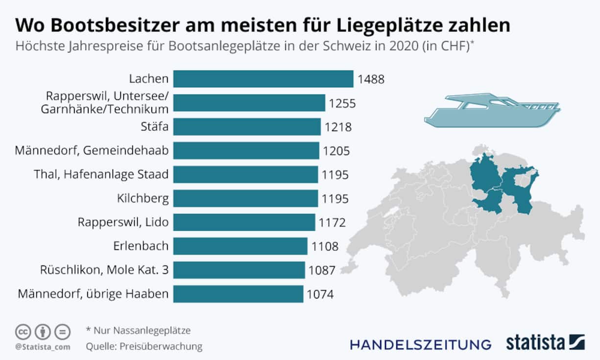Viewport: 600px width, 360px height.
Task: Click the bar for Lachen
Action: (x=263, y=79)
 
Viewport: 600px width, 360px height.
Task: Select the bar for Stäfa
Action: (x=247, y=127)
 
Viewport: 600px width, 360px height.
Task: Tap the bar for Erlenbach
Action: (x=240, y=246)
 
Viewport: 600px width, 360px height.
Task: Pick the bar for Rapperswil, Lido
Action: (x=244, y=222)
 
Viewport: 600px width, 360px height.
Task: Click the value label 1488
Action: (x=371, y=79)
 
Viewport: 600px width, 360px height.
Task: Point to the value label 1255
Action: (x=342, y=103)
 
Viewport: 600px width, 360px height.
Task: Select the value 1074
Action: (x=320, y=294)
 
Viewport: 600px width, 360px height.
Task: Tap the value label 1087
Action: (x=321, y=270)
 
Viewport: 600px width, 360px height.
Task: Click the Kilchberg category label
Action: (x=143, y=198)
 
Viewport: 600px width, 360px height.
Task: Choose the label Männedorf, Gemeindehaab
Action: (x=92, y=151)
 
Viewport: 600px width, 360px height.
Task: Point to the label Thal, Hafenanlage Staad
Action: (x=101, y=174)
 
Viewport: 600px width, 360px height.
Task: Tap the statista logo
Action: (x=545, y=342)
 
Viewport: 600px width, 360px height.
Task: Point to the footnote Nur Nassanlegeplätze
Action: (x=138, y=331)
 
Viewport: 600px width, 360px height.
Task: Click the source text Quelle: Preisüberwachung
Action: (x=144, y=346)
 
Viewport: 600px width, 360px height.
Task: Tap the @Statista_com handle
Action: (x=43, y=347)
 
